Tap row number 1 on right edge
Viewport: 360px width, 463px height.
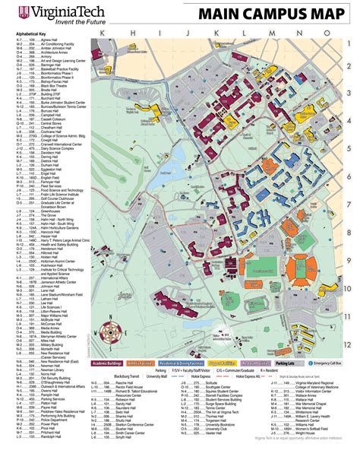pyautogui.click(x=348, y=66)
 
